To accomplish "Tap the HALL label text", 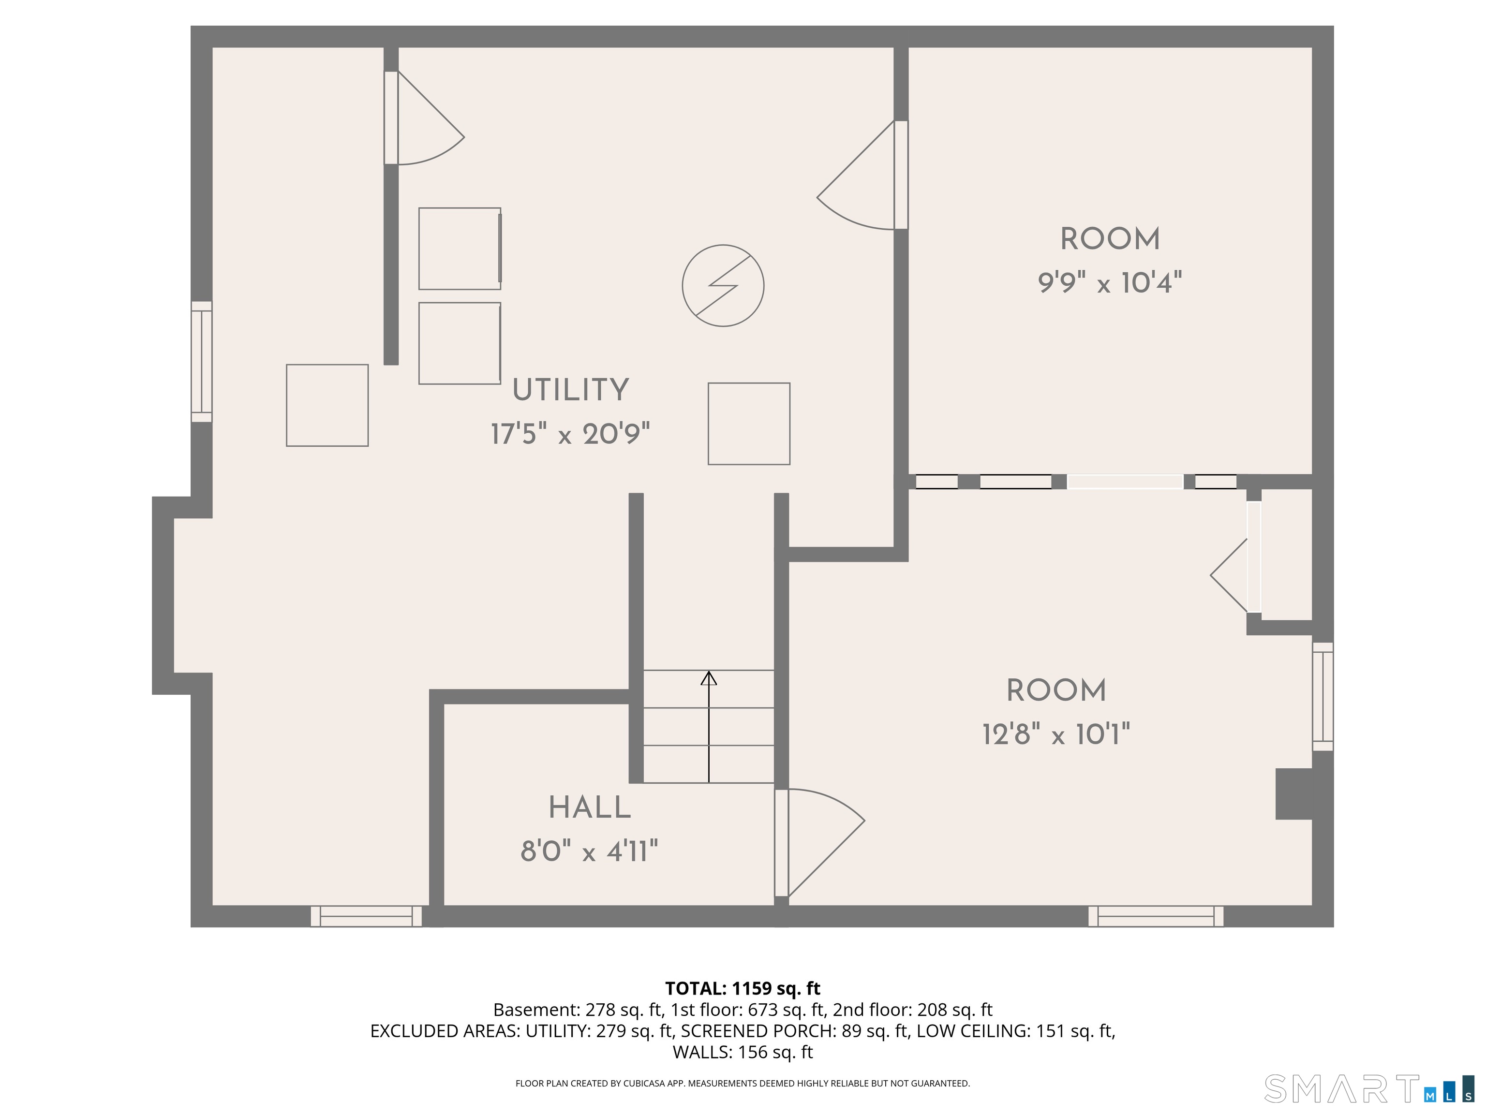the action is [x=590, y=808].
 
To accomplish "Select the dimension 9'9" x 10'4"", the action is [x=1110, y=283].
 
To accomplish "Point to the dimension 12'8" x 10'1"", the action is [x=1056, y=734].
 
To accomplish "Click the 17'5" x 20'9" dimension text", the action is [x=570, y=434].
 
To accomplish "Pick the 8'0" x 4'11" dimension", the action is [x=589, y=851].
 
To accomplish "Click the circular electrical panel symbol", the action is [x=723, y=285].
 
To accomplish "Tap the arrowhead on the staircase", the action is [x=709, y=678].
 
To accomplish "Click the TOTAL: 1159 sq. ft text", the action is [x=743, y=988].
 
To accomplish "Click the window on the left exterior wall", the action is [x=202, y=361].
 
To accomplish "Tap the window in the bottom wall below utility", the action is [x=366, y=916].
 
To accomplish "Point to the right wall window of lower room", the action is [x=1323, y=696].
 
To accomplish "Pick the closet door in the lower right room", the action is [x=1235, y=575].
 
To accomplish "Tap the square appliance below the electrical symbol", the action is [x=749, y=424].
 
